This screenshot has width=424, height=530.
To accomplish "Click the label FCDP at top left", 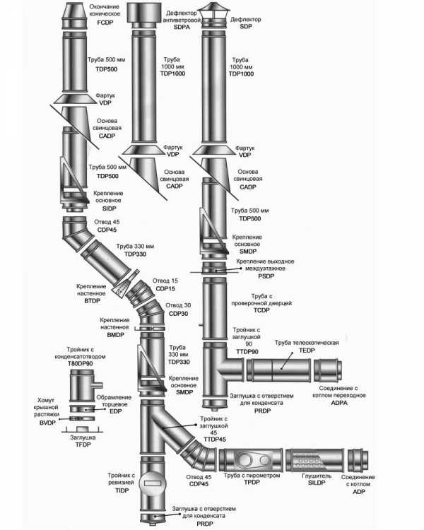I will point(105,22).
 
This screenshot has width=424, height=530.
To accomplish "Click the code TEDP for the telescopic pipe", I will point(307,351).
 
